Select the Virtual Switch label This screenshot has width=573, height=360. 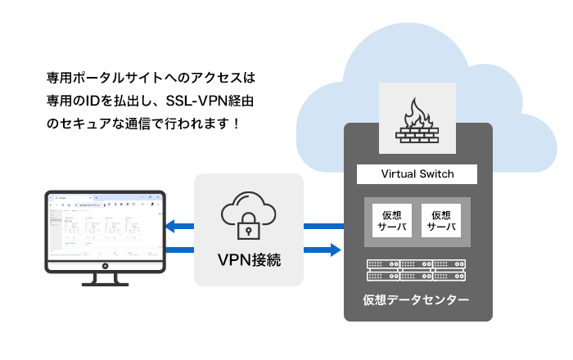417,174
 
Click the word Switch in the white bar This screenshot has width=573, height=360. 435,174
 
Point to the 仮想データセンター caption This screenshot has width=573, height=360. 417,300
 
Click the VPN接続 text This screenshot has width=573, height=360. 249,261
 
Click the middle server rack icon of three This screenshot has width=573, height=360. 417,270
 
